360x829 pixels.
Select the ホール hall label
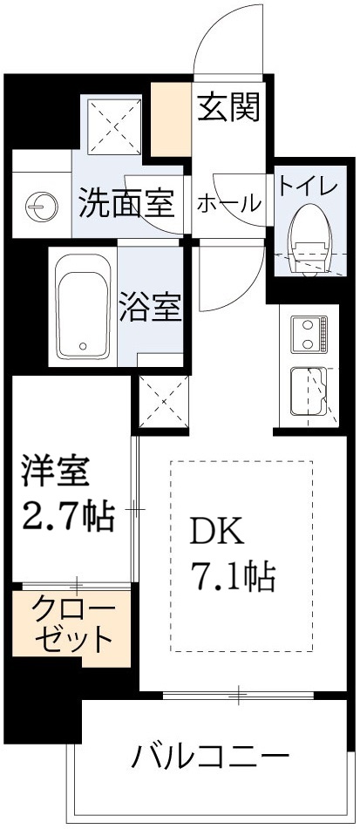coord(229,204)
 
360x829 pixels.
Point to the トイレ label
coord(302,186)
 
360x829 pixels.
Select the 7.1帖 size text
coord(233,574)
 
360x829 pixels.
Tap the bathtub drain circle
coord(84,343)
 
